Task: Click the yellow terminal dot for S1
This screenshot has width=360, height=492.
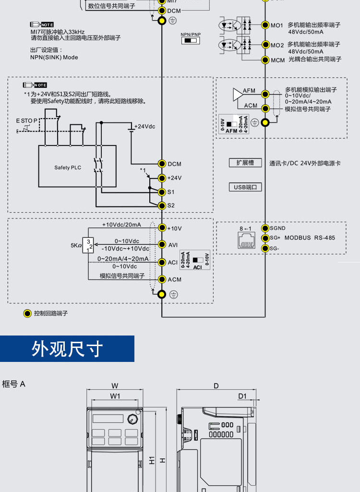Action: point(162,192)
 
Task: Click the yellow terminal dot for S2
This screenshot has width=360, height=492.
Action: point(162,205)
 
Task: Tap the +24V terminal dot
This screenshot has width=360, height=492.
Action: point(162,178)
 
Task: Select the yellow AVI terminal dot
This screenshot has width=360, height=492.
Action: point(162,245)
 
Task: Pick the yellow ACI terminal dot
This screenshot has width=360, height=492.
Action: point(162,262)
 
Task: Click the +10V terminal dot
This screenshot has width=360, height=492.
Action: point(162,228)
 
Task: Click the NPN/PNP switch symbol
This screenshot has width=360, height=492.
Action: point(191,41)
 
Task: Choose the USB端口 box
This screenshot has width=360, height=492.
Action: point(245,187)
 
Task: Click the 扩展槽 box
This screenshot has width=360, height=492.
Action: point(245,163)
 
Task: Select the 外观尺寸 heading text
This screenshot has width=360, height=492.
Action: point(67,349)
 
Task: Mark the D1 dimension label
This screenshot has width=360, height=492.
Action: point(242,396)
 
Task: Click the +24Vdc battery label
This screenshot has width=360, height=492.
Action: point(145,126)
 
